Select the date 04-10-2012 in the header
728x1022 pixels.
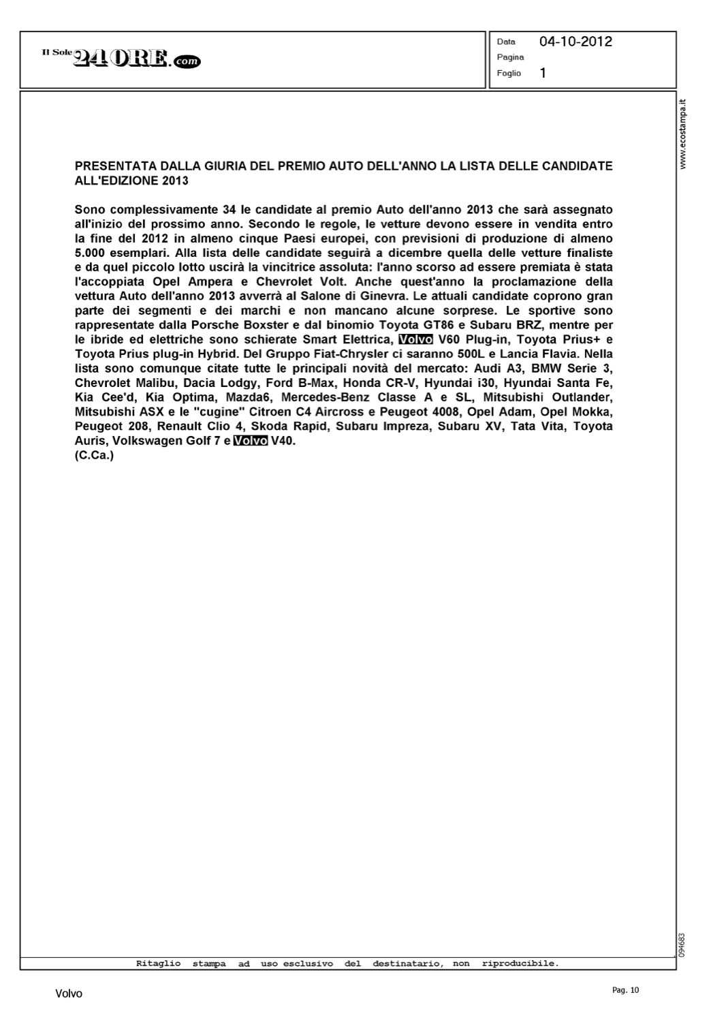pos(575,42)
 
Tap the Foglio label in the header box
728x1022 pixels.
pos(509,73)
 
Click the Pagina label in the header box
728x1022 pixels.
pos(510,57)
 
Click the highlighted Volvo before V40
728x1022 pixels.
pos(251,441)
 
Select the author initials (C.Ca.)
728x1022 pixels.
pos(94,455)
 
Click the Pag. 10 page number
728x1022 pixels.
pos(626,990)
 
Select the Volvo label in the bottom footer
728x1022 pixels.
pos(69,994)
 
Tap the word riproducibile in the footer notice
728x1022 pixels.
pos(520,963)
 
